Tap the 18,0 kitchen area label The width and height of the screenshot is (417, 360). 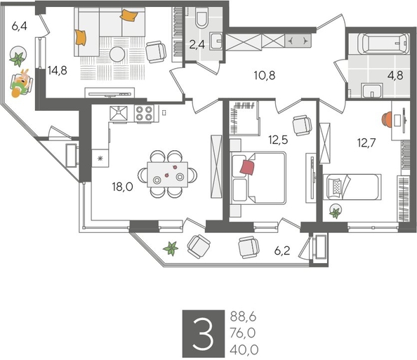tap(123, 187)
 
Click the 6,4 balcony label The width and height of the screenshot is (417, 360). tap(19, 28)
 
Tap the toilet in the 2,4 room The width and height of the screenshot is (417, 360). tap(201, 19)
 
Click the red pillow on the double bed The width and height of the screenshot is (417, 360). tap(246, 167)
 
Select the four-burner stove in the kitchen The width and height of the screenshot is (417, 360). tap(145, 113)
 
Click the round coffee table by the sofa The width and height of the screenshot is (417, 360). tap(117, 54)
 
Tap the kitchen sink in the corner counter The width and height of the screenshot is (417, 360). tap(118, 113)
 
